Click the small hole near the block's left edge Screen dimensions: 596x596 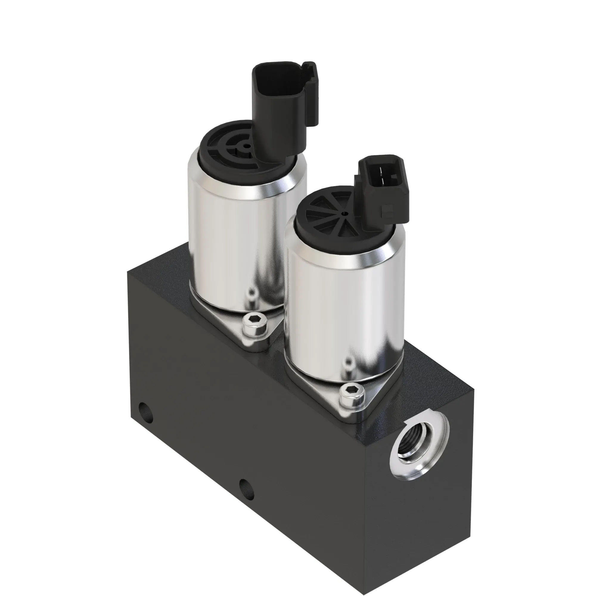coord(146,414)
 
